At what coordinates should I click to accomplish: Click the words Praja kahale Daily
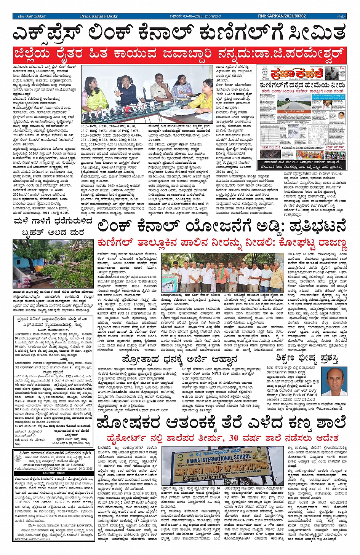click(x=99, y=16)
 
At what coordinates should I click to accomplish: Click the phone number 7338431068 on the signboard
click(x=214, y=477)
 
